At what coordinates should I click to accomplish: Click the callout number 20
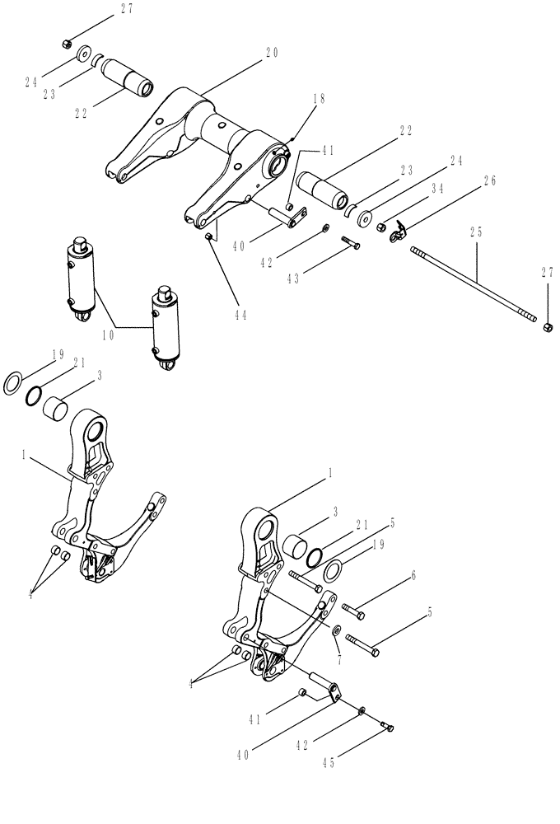tap(272, 52)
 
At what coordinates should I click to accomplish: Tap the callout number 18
tap(320, 98)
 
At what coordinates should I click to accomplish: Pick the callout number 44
tap(240, 313)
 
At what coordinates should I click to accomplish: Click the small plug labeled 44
tap(209, 236)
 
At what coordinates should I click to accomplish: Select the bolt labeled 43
tap(348, 242)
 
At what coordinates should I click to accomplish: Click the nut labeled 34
tap(382, 227)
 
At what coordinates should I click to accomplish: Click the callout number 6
tap(413, 575)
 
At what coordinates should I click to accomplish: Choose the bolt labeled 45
tap(389, 725)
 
